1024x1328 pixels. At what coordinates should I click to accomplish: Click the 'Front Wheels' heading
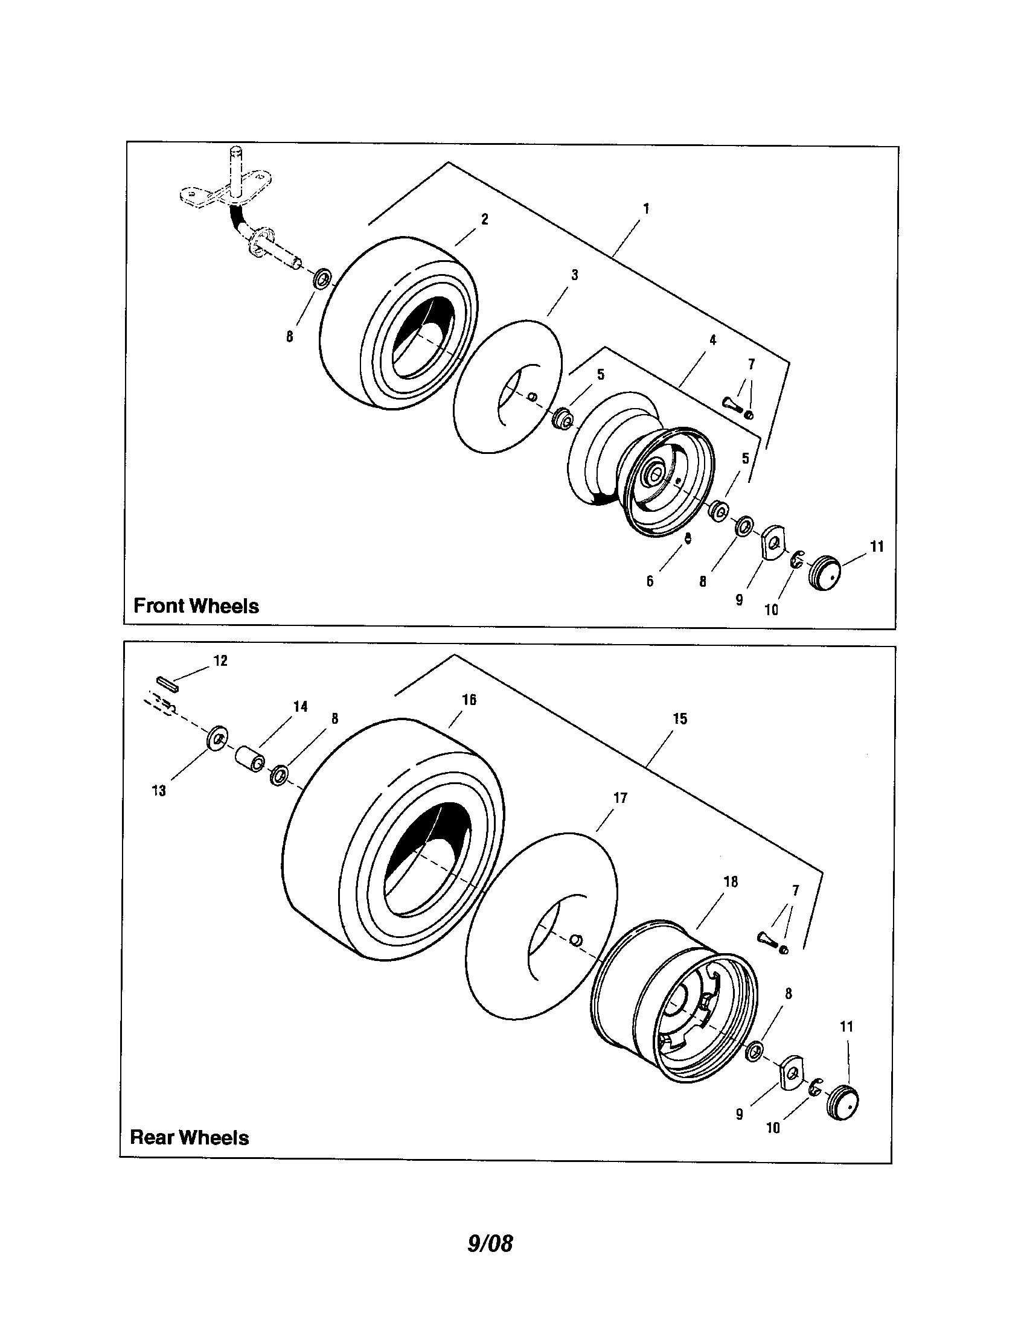[196, 605]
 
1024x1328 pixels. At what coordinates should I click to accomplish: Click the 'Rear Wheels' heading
[189, 1137]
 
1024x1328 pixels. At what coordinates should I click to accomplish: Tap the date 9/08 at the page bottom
[490, 1243]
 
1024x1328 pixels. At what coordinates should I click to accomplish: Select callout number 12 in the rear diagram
[220, 660]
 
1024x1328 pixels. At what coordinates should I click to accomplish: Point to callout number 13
[159, 791]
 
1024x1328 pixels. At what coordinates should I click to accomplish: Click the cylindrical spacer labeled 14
[250, 759]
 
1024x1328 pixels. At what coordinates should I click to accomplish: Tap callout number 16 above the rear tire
[469, 700]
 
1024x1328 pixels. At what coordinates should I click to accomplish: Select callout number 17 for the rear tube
[620, 798]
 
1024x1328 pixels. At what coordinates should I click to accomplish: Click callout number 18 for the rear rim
[731, 882]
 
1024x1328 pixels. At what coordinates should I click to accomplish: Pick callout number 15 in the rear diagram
[680, 719]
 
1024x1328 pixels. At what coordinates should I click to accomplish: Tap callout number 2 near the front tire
[485, 220]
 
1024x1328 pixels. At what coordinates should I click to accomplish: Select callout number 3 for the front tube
[574, 275]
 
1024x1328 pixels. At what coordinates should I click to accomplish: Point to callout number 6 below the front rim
[650, 581]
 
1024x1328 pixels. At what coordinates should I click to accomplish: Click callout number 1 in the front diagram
[646, 209]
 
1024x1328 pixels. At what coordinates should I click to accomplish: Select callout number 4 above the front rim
[712, 340]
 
